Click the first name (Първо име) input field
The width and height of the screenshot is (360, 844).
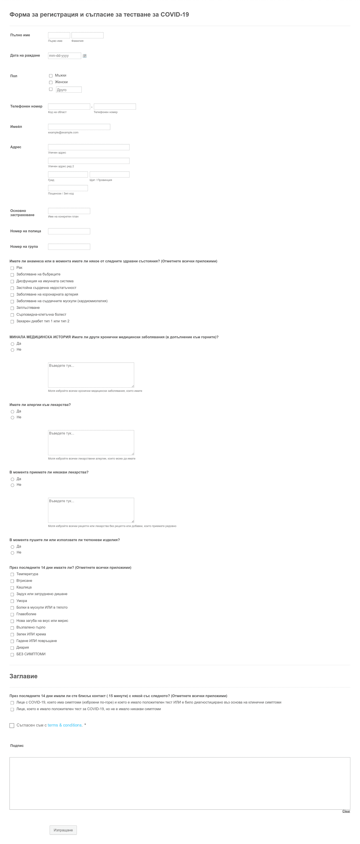click(x=59, y=35)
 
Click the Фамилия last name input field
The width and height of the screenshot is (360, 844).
click(x=88, y=35)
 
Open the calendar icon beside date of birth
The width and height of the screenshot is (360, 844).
click(x=84, y=56)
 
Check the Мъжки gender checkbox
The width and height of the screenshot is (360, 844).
click(x=51, y=76)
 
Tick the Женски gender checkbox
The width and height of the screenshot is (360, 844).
click(x=51, y=82)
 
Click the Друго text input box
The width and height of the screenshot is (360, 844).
click(x=69, y=90)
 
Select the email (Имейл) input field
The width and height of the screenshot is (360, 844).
click(x=79, y=127)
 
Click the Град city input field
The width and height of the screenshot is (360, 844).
click(x=68, y=174)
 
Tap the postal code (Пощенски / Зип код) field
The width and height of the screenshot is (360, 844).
click(x=68, y=188)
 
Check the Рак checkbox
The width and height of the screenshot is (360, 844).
click(x=12, y=268)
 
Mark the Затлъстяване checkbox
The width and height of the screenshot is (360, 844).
click(x=12, y=308)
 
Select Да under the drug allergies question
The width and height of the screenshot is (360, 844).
click(x=12, y=411)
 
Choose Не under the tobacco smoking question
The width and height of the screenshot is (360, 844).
click(x=12, y=553)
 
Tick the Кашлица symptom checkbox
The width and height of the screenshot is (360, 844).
click(x=12, y=588)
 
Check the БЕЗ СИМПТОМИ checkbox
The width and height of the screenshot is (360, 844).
click(x=12, y=655)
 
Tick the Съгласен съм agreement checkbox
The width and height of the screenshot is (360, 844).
click(x=12, y=725)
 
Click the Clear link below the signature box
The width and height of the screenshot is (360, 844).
click(x=346, y=811)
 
